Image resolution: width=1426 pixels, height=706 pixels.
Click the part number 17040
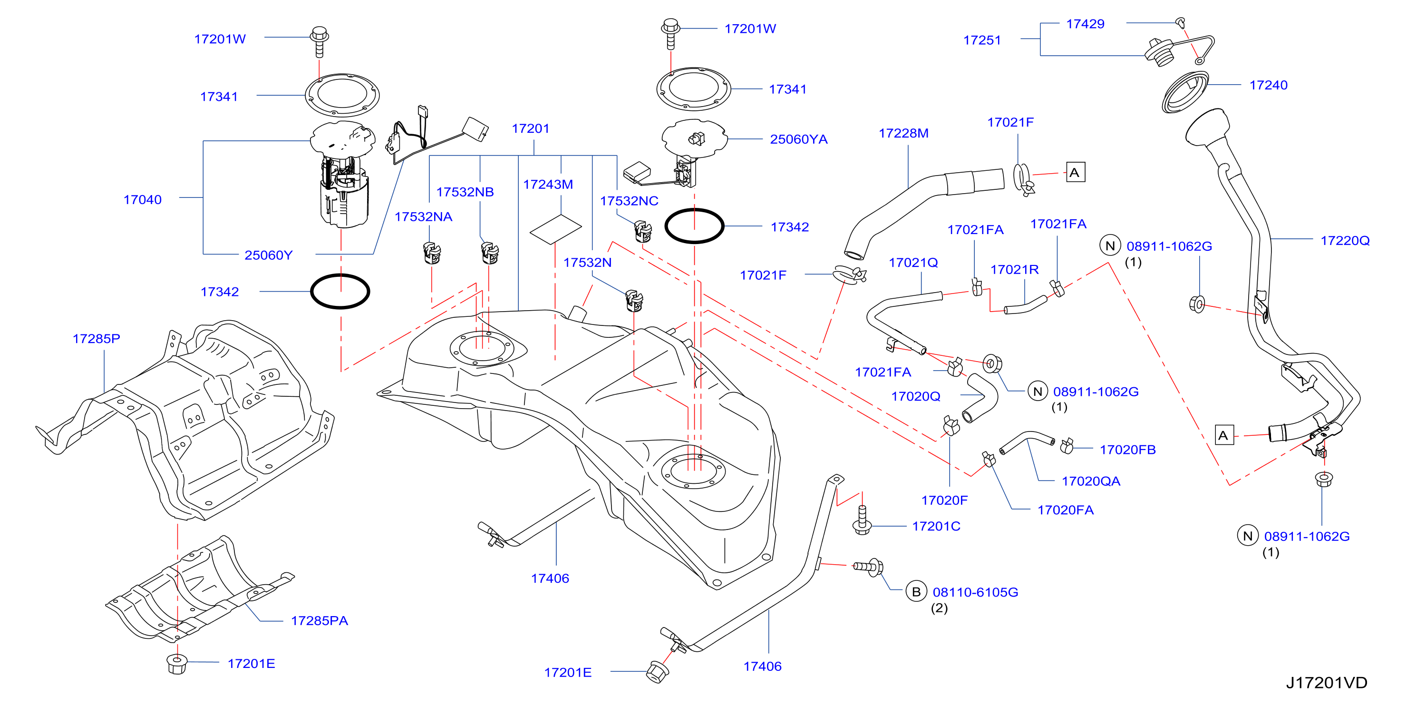tap(142, 199)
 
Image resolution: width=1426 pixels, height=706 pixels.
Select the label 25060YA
tap(798, 139)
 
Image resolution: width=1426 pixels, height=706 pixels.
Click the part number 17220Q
tap(1345, 240)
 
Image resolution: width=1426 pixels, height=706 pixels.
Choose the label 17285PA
tap(320, 620)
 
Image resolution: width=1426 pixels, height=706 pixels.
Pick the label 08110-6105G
tap(975, 592)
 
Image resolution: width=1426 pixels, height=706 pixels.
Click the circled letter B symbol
tap(916, 591)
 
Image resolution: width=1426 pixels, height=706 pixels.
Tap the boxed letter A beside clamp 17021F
tap(1075, 172)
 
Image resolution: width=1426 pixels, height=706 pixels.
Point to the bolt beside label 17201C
tap(862, 520)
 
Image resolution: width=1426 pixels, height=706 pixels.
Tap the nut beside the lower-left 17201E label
tap(176, 664)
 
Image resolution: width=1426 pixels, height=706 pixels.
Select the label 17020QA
tap(1090, 480)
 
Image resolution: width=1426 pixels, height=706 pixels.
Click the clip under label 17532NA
tap(432, 253)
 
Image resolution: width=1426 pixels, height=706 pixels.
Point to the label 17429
tap(1085, 24)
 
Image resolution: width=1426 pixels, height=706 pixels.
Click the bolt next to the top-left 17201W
tap(319, 41)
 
